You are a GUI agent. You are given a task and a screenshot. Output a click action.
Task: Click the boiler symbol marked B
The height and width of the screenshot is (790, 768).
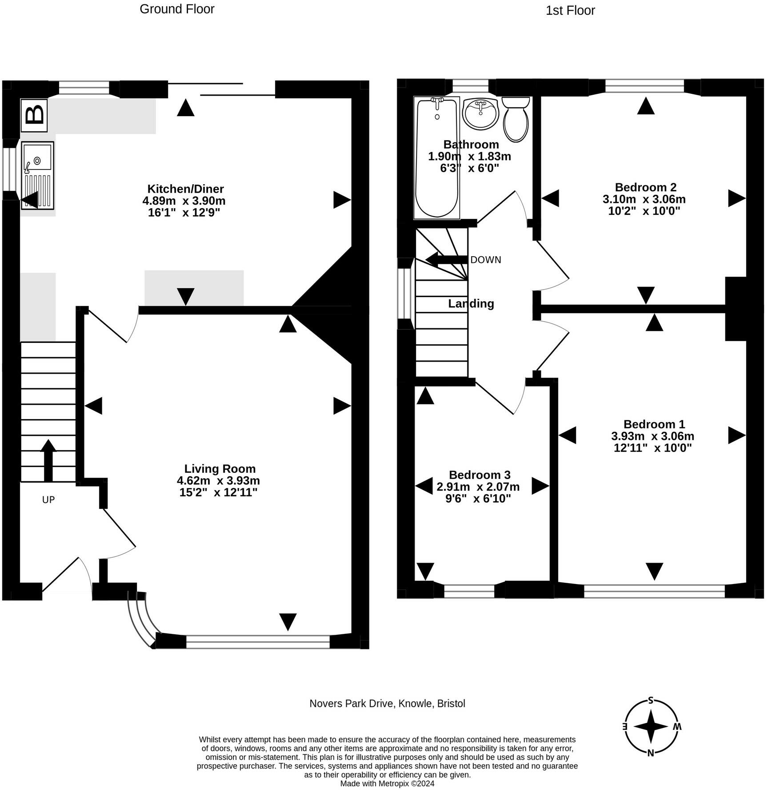34,115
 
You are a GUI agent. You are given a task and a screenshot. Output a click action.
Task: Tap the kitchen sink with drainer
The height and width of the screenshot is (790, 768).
37,175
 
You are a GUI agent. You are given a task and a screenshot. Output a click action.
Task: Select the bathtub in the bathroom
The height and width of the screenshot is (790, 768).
436,158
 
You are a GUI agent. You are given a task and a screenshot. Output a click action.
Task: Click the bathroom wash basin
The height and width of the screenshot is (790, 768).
480,113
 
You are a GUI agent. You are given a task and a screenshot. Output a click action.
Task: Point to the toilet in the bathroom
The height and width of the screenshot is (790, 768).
516,119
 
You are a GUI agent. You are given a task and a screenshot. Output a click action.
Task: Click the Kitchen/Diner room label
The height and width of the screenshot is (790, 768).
185,189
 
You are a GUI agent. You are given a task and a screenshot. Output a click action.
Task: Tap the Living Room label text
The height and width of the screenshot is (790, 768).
220,468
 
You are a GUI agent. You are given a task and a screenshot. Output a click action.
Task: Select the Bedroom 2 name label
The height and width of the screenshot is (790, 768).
645,187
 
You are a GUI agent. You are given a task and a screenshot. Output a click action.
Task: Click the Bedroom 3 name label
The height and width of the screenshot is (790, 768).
480,475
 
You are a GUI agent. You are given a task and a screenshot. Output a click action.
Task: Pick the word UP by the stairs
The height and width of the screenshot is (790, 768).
48,500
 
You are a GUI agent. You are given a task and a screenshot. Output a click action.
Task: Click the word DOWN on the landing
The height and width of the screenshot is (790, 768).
485,260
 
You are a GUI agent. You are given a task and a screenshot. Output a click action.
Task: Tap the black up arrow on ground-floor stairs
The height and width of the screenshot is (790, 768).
48,460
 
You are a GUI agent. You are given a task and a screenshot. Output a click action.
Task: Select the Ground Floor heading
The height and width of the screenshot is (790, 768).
177,9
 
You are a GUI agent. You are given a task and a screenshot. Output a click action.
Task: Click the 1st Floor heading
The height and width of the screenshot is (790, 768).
570,11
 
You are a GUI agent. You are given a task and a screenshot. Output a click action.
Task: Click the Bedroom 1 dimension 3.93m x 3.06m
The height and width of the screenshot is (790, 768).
652,436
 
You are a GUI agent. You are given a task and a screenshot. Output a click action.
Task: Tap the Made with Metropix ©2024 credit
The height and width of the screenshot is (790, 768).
387,783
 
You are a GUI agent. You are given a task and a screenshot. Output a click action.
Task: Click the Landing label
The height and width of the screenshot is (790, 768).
471,303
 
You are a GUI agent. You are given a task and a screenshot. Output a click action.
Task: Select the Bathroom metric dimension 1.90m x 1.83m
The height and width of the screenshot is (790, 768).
469,156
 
